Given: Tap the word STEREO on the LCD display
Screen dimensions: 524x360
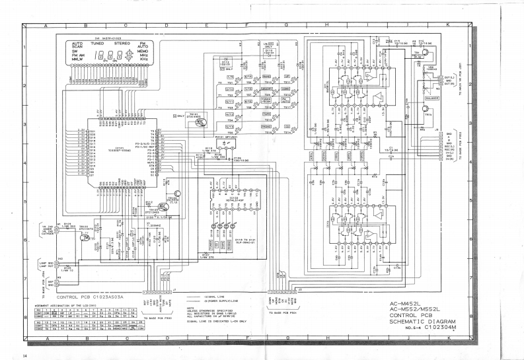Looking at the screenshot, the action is [122, 43].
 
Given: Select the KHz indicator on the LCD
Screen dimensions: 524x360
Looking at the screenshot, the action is [143, 59].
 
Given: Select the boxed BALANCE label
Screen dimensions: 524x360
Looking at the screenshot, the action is [432, 97].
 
